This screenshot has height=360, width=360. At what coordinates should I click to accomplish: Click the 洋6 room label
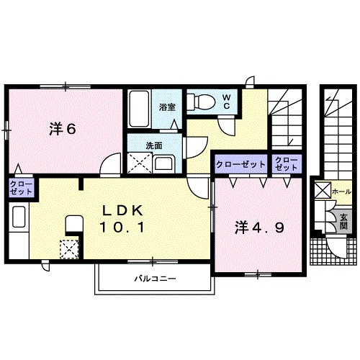[x=63, y=130]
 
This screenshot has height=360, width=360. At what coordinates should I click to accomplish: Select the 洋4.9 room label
[x=259, y=228]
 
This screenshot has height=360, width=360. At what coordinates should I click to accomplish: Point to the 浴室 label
[x=167, y=107]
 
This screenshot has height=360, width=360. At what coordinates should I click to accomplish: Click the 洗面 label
[x=154, y=145]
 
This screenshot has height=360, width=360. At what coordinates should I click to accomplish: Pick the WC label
[x=227, y=102]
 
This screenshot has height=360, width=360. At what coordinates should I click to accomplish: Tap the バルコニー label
[x=155, y=279]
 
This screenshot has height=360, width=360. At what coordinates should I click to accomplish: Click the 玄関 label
[x=343, y=222]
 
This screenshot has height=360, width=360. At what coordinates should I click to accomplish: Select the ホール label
[x=341, y=192]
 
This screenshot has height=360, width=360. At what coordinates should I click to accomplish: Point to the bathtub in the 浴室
[x=139, y=109]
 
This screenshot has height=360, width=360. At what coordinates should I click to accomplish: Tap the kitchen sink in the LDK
[x=19, y=217]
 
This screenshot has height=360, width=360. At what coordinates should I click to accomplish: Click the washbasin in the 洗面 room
[x=164, y=164]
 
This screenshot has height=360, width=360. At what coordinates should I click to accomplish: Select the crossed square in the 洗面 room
[x=140, y=163]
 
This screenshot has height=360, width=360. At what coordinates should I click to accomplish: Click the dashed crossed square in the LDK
[x=69, y=249]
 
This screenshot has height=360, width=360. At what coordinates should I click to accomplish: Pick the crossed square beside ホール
[x=323, y=190]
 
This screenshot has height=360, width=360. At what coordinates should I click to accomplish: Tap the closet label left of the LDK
[x=21, y=188]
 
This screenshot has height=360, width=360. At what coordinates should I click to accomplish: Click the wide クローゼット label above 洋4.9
[x=240, y=164]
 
